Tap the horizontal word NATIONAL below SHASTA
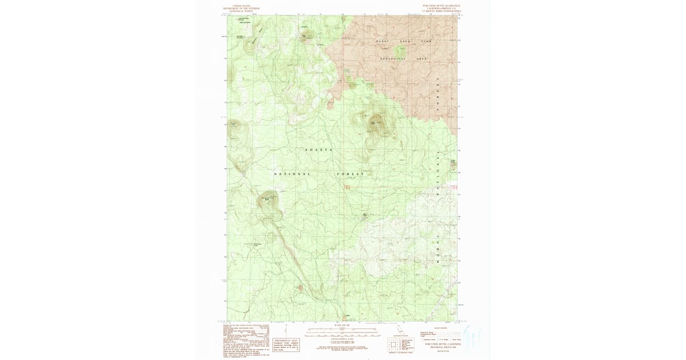[x=292, y=174]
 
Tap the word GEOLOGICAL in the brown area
[x=393, y=59]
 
